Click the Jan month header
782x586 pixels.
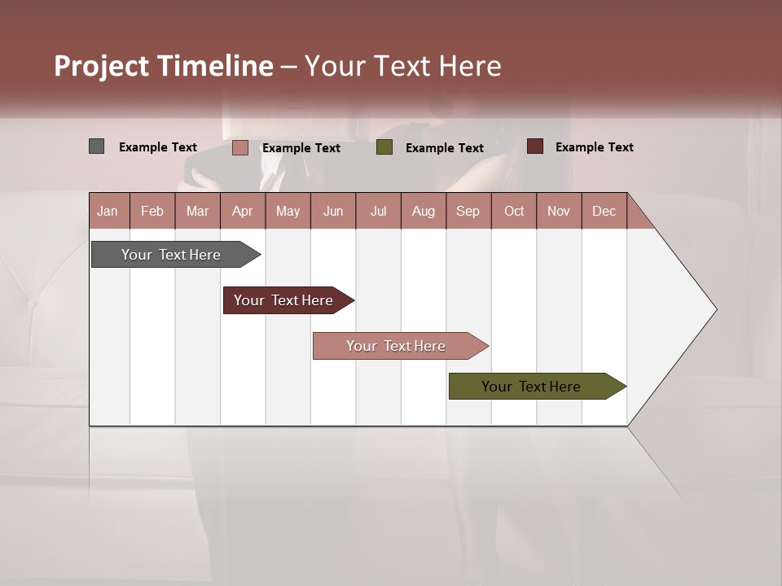[x=108, y=211]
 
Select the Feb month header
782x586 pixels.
[x=152, y=211]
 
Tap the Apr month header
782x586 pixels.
[x=242, y=211]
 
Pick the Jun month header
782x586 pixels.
[x=333, y=211]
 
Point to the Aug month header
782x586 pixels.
[x=423, y=211]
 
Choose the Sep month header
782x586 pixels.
[x=468, y=211]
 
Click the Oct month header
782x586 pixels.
[x=514, y=211]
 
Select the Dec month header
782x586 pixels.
[x=604, y=211]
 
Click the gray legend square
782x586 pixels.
[x=96, y=146]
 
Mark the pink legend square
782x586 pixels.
[x=239, y=147]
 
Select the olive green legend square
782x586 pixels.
[x=384, y=147]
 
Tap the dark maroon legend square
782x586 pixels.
[x=534, y=146]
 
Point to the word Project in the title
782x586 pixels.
[x=101, y=66]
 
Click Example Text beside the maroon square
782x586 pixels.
[x=594, y=147]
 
